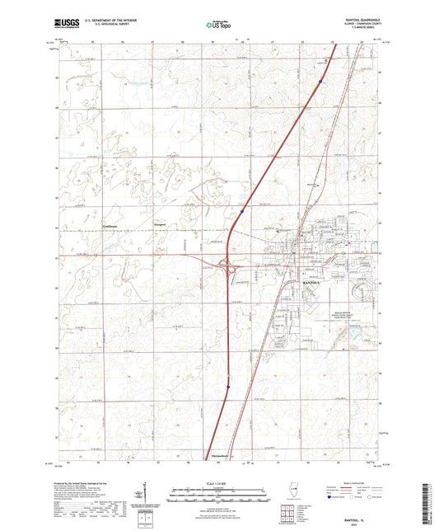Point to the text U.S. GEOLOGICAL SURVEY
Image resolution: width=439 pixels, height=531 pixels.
pyautogui.click(x=112, y=27)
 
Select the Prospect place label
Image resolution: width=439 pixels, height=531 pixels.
pyautogui.click(x=160, y=223)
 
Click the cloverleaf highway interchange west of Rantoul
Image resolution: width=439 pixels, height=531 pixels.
pyautogui.click(x=228, y=265)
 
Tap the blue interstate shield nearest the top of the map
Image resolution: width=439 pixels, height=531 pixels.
pyautogui.click(x=320, y=81)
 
